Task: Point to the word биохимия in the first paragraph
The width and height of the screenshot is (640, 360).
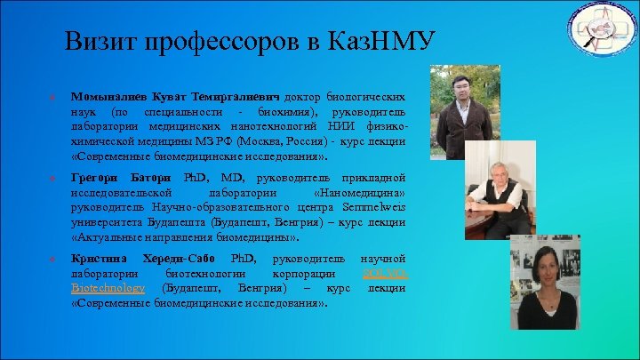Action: [x=287, y=113]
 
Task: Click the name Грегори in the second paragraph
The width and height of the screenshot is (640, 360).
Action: [x=92, y=178]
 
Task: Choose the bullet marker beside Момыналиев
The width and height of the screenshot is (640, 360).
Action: [x=53, y=96]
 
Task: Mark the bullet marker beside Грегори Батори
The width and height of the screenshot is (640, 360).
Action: [x=53, y=178]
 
